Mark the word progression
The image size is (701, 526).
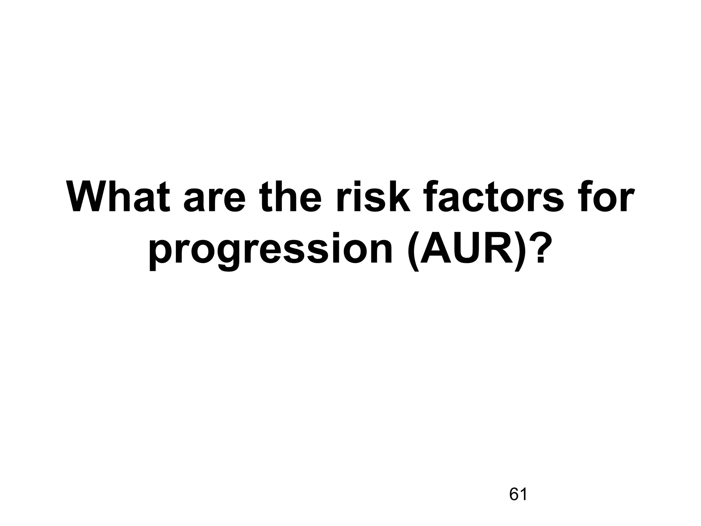(270, 252)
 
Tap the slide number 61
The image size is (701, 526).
(518, 494)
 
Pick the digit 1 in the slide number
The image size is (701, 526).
(523, 494)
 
